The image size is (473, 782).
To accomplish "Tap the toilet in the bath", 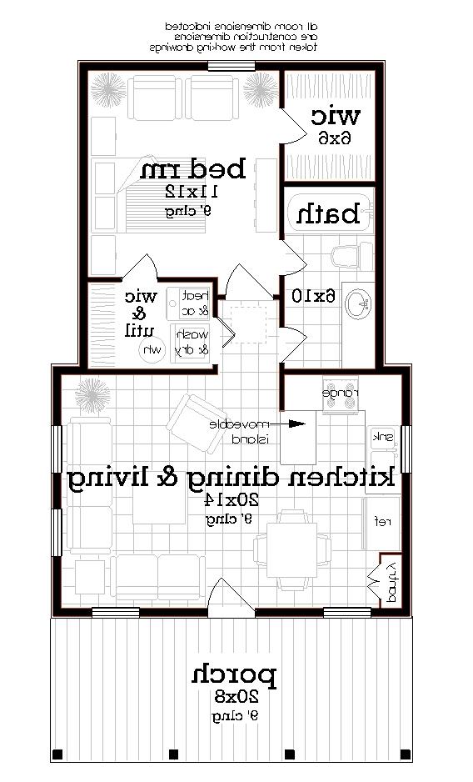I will pos(343,253).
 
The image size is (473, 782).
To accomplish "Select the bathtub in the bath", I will pos(328,214).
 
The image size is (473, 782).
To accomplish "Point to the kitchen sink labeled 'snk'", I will pos(383,437).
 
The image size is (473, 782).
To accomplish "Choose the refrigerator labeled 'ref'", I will pos(382,522).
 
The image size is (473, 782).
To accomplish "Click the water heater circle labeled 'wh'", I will pos(153,349).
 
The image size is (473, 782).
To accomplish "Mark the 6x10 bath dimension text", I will pos(312,296).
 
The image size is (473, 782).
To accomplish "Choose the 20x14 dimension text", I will pos(233,500).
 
